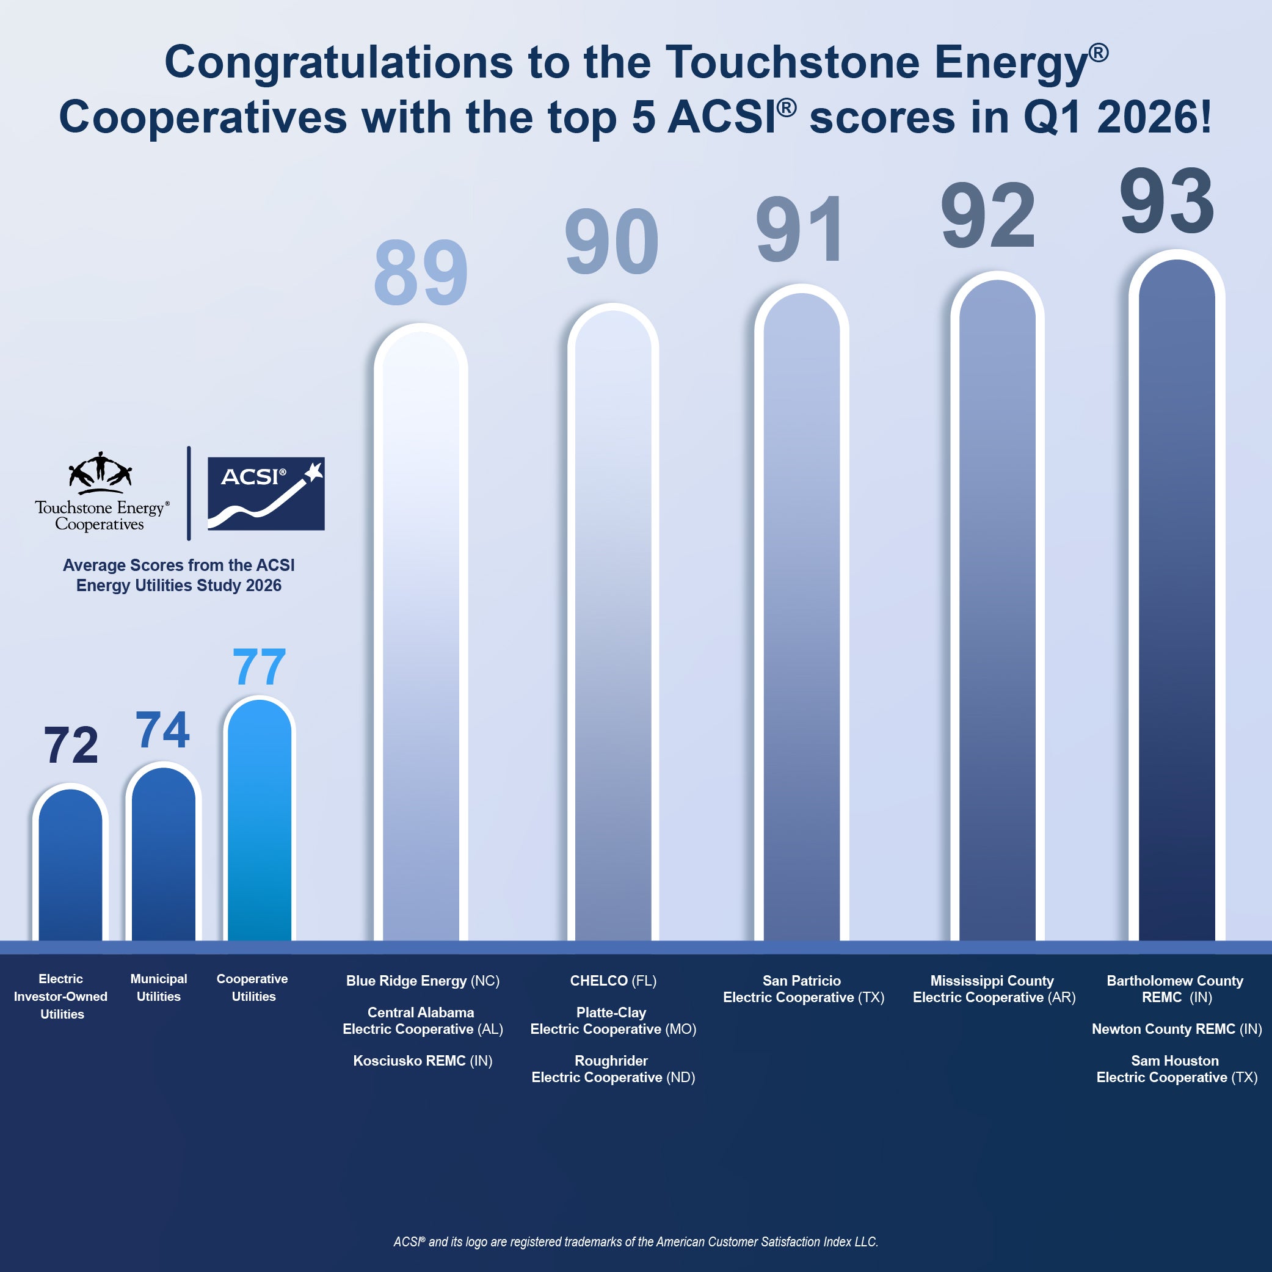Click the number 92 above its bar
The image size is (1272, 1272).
[x=987, y=216]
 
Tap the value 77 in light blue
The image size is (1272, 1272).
[x=260, y=667]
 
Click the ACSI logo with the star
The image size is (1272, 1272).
[x=266, y=493]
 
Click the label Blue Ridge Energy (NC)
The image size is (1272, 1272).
[x=423, y=981]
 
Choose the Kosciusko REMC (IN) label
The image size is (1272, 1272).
[x=423, y=1061]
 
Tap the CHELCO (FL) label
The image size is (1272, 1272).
[x=613, y=981]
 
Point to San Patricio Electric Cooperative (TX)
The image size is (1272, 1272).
[x=803, y=989]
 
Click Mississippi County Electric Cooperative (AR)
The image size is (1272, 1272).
[x=994, y=989]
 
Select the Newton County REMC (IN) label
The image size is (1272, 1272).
[x=1177, y=1029]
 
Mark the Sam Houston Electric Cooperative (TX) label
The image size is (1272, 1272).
[x=1177, y=1069]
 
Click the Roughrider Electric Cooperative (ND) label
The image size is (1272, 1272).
[x=613, y=1069]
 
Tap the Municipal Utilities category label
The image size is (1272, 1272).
[x=159, y=987]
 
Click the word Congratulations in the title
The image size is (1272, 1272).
[x=338, y=62]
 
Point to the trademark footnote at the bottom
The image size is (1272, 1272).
[x=635, y=1241]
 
